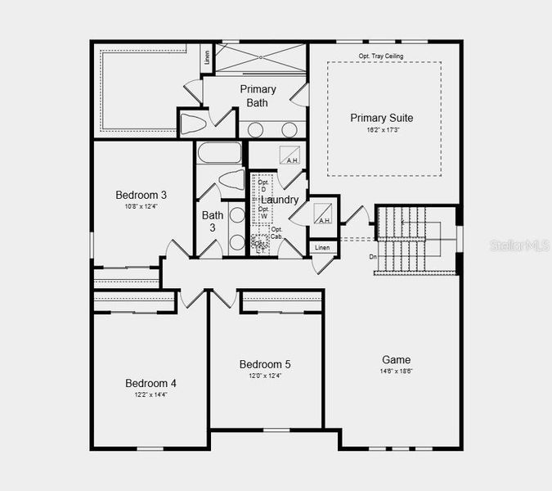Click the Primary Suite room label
(x=382, y=118)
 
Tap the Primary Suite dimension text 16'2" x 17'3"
(x=382, y=130)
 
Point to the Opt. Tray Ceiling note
(x=381, y=56)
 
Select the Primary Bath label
(x=258, y=96)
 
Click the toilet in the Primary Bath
(x=195, y=124)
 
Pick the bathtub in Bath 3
(x=219, y=153)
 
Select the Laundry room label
(x=279, y=200)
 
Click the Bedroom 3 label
(x=141, y=195)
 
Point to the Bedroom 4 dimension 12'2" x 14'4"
(x=150, y=394)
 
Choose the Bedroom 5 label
(x=265, y=364)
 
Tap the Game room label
(x=397, y=359)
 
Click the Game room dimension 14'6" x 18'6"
(x=397, y=372)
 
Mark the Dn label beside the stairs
(x=373, y=256)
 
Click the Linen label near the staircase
(x=322, y=247)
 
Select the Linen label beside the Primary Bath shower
(x=207, y=58)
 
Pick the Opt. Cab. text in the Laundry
(x=276, y=232)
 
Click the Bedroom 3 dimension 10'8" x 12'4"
(x=141, y=206)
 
